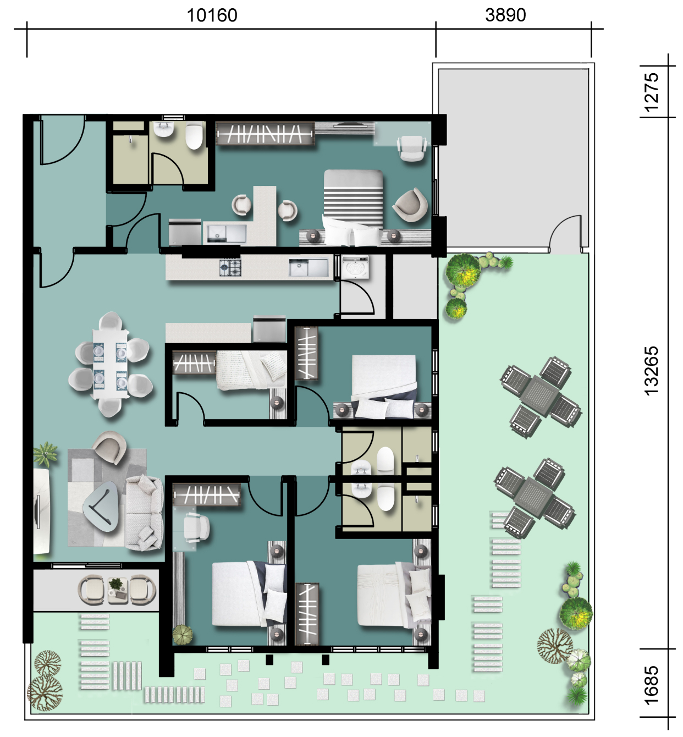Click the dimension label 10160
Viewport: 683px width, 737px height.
coord(212,15)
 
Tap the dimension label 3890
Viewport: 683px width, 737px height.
coord(505,15)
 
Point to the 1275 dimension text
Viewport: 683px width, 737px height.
coord(652,92)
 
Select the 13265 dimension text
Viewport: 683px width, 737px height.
coord(652,371)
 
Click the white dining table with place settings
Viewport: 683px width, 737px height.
coord(110,364)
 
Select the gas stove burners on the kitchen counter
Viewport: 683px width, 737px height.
coord(230,267)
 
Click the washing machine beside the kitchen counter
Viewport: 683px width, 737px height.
coord(355,266)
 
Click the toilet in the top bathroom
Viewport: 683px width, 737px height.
coord(194,136)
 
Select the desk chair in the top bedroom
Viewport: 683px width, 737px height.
coord(412,148)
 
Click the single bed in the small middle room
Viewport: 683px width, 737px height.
coord(251,370)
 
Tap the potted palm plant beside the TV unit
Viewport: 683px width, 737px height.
coord(45,454)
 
